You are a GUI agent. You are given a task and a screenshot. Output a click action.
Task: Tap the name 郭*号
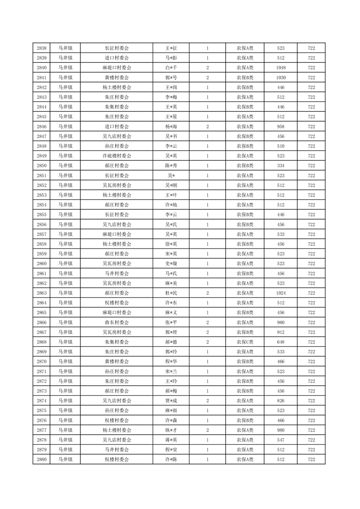(x=171, y=78)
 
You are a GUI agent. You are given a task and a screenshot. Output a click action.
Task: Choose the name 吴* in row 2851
(x=171, y=176)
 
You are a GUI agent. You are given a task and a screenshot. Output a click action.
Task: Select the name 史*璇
(x=171, y=264)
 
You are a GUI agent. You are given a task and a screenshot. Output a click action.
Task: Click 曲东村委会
(x=117, y=323)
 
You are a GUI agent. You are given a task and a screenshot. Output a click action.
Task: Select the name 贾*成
(x=171, y=401)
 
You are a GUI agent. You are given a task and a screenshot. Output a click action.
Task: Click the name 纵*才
(x=171, y=430)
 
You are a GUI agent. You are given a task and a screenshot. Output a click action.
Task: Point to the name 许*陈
(x=171, y=460)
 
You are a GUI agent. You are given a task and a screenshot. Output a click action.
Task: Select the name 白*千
(x=171, y=68)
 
